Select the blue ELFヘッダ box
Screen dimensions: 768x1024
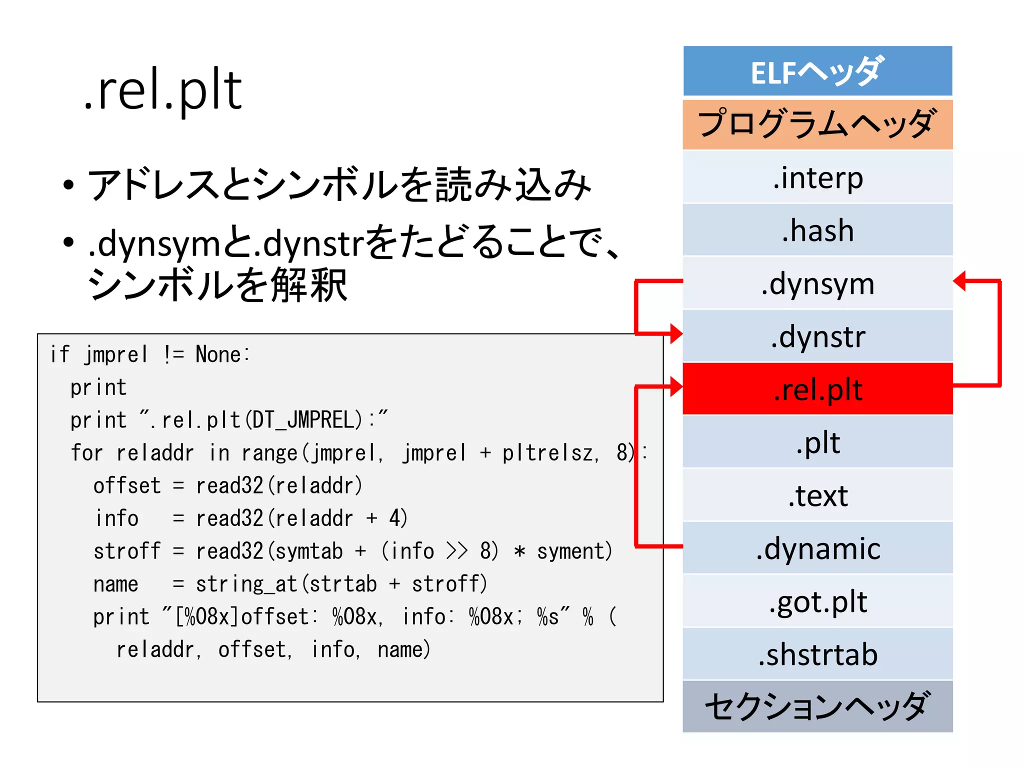click(x=817, y=71)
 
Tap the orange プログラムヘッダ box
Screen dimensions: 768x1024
click(x=817, y=124)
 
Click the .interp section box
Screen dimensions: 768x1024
click(x=817, y=177)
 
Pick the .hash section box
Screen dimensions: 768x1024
click(x=817, y=230)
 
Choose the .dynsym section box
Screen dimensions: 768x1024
click(x=817, y=283)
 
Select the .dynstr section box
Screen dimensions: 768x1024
click(x=817, y=336)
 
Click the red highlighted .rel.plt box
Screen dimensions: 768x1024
click(x=817, y=389)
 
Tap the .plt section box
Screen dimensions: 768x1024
click(x=817, y=442)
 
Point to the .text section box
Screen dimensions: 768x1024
click(x=817, y=495)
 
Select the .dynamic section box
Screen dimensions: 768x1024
click(x=817, y=548)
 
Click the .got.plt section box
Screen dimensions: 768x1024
click(x=817, y=601)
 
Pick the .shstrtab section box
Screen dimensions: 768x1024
click(x=817, y=654)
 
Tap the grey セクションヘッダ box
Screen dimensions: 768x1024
click(x=817, y=706)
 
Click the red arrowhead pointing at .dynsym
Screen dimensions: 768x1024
click(x=960, y=281)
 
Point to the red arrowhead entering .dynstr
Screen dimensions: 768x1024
click(x=676, y=333)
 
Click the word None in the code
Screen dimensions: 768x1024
click(x=218, y=354)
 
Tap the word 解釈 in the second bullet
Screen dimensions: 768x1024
click(x=309, y=285)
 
